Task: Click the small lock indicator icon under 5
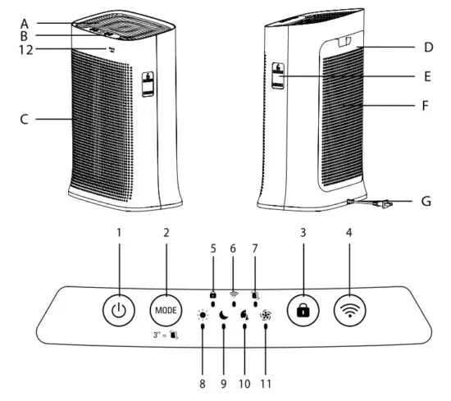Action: [213, 293]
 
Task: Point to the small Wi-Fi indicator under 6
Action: [235, 293]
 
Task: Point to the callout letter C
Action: [25, 120]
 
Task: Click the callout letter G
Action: [426, 200]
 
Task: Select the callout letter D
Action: [427, 48]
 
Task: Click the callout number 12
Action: [25, 50]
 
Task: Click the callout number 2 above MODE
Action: [166, 233]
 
